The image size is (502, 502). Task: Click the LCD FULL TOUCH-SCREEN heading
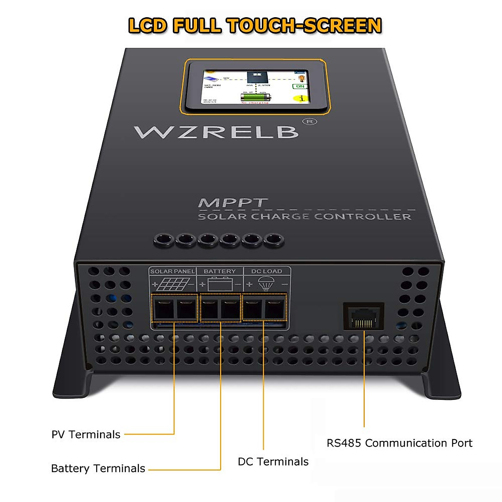click(255, 26)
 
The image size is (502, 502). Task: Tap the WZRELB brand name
click(216, 132)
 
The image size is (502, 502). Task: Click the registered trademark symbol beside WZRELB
click(310, 122)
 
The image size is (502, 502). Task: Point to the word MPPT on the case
click(232, 203)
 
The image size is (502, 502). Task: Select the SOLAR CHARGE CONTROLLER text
click(304, 217)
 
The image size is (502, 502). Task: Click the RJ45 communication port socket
click(364, 316)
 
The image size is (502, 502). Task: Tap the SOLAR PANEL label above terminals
click(172, 271)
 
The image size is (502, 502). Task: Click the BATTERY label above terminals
click(220, 271)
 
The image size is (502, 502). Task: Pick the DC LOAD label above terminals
click(266, 271)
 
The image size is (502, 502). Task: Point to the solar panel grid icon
click(172, 284)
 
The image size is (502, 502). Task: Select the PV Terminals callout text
click(86, 435)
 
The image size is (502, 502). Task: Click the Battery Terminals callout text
click(98, 469)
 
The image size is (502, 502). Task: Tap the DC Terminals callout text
click(273, 462)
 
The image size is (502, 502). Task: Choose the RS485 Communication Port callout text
click(400, 443)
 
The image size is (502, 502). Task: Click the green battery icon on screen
click(255, 97)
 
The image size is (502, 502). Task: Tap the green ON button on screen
click(300, 86)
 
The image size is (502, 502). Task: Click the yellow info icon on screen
click(301, 99)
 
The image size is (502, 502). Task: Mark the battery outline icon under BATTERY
click(220, 284)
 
